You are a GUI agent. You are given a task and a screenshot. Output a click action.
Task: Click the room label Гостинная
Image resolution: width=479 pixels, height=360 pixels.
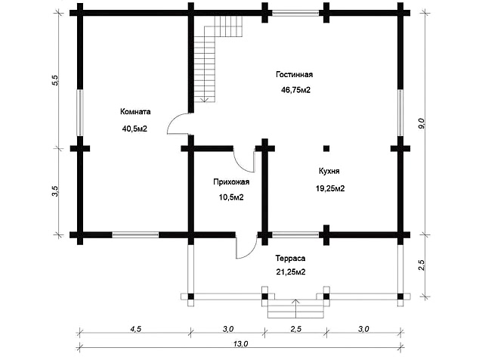pyautogui.click(x=294, y=75)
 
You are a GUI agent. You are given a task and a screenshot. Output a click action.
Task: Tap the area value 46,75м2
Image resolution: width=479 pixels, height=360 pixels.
pyautogui.click(x=295, y=90)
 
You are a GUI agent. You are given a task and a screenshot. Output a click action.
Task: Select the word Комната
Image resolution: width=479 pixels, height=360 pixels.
pyautogui.click(x=135, y=112)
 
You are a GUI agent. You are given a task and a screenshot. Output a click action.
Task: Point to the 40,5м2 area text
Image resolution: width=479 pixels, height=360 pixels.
pyautogui.click(x=134, y=129)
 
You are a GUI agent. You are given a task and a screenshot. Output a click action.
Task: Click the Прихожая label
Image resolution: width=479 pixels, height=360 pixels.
pyautogui.click(x=231, y=182)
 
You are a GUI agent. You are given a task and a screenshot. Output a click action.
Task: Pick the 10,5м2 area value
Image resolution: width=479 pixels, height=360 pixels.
pyautogui.click(x=231, y=197)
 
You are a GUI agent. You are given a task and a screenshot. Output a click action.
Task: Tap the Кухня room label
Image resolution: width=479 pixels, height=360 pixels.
pyautogui.click(x=329, y=171)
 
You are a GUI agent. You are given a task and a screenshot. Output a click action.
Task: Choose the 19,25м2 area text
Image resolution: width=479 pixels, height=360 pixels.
pyautogui.click(x=330, y=188)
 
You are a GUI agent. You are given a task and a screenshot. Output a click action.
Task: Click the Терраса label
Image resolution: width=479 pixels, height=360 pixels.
pyautogui.click(x=290, y=259)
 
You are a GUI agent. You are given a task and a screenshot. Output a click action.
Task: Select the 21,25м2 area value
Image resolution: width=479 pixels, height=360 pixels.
pyautogui.click(x=291, y=272)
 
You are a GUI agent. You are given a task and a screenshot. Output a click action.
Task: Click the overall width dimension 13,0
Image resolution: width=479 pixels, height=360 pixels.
pyautogui.click(x=240, y=344)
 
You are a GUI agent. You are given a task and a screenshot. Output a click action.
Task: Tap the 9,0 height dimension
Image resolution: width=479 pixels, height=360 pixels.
pyautogui.click(x=422, y=123)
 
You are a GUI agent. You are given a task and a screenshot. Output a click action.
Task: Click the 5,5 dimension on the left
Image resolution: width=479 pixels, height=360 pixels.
pyautogui.click(x=55, y=80)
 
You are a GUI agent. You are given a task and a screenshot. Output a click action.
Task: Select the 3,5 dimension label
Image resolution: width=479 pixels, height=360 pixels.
pyautogui.click(x=55, y=191)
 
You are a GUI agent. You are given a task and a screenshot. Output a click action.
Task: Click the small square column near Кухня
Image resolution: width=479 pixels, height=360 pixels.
pyautogui.click(x=326, y=149)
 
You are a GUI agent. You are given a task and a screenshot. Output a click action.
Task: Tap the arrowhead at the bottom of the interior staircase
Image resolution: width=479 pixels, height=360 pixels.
pyautogui.click(x=205, y=99)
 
